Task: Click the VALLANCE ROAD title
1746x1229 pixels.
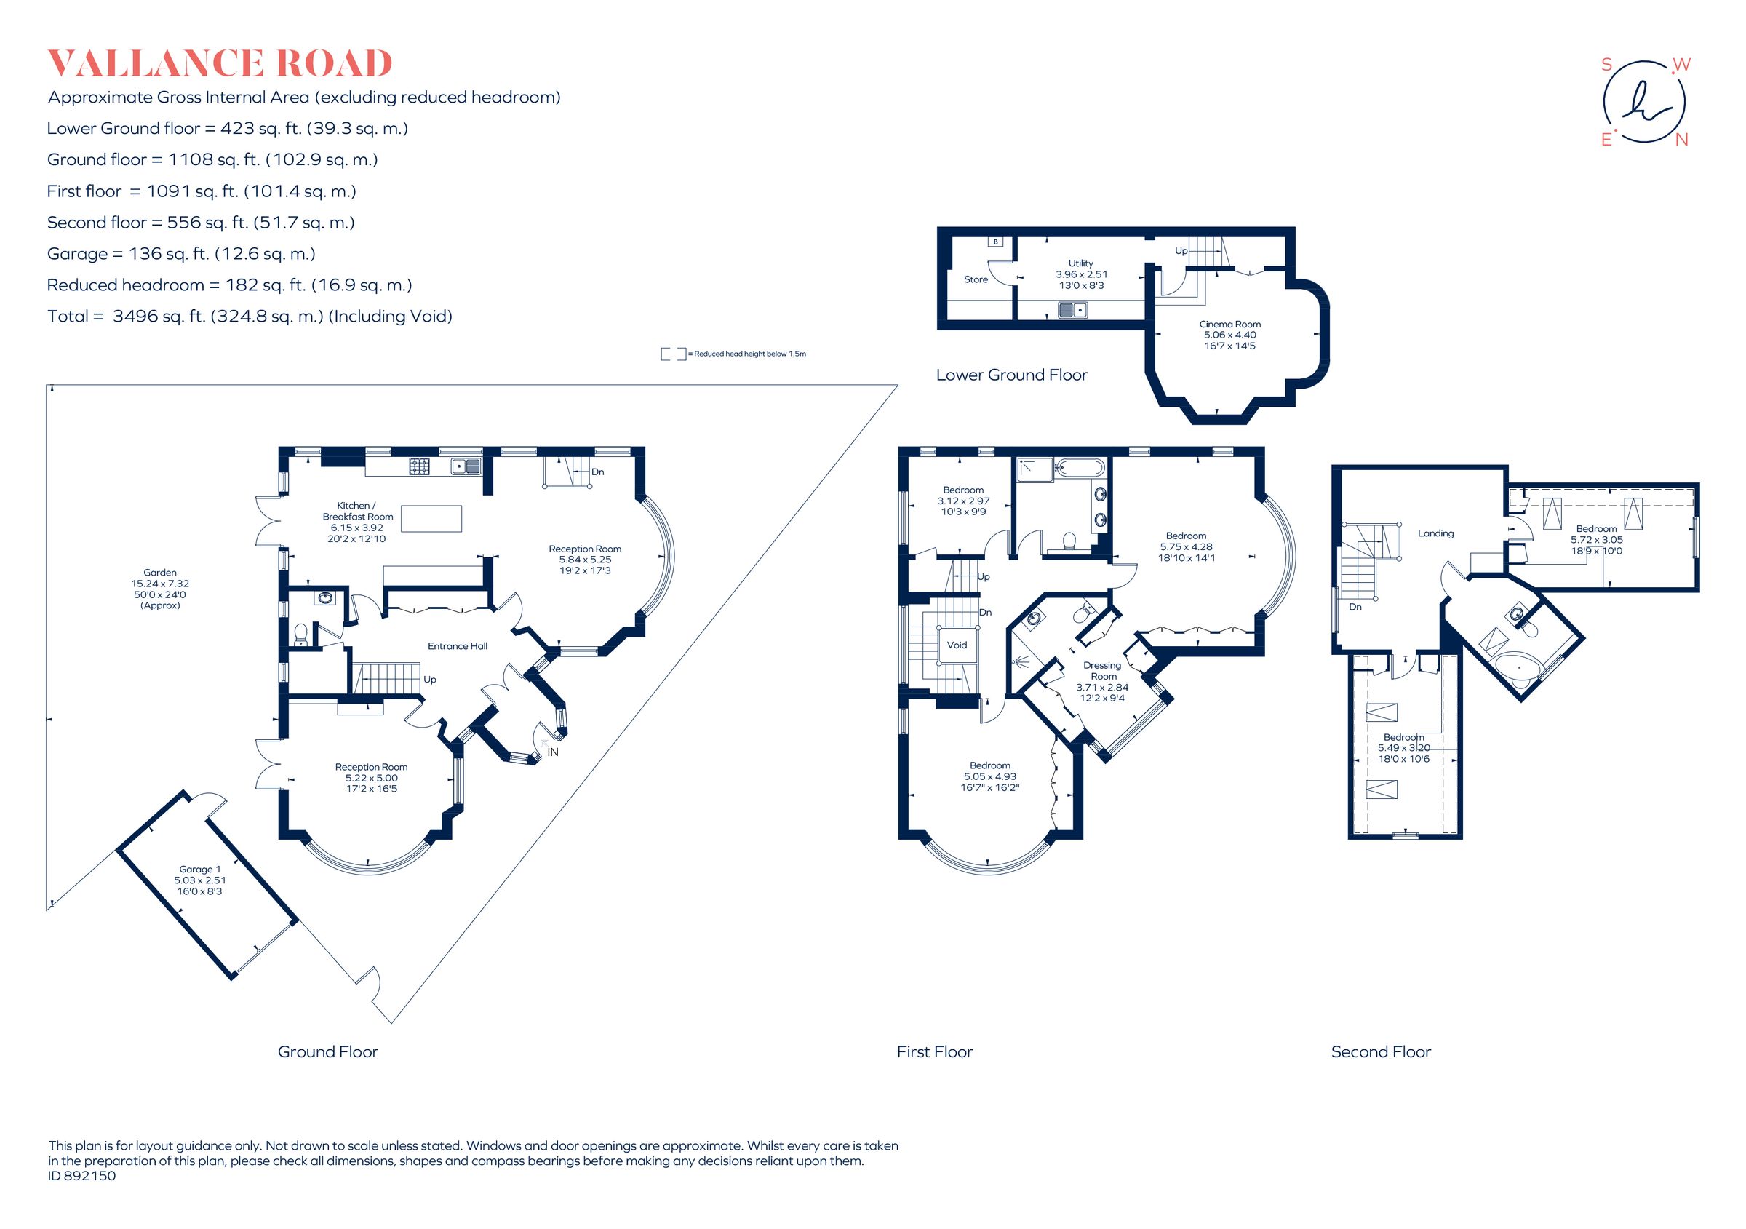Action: coord(220,64)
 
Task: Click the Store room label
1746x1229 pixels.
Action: coord(976,280)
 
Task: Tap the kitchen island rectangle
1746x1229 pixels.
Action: coord(431,519)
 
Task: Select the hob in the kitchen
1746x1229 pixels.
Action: coord(419,466)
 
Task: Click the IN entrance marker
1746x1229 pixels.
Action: coord(552,752)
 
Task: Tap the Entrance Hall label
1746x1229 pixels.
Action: coord(457,646)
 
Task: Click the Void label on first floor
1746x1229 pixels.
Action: coord(957,645)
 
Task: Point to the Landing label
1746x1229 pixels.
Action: coord(1435,534)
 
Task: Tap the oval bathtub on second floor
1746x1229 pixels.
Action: coord(1518,669)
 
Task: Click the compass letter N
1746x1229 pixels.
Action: coord(1681,140)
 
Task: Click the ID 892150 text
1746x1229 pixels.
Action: coord(82,1176)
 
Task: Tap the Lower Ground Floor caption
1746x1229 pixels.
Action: coord(1010,375)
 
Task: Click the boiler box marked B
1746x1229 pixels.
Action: coord(995,242)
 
